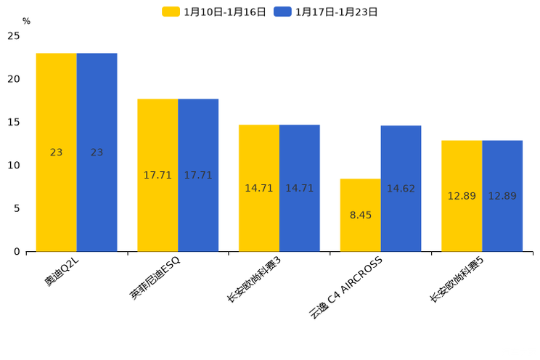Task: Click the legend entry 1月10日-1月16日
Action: (x=215, y=12)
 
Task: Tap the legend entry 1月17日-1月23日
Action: (x=326, y=12)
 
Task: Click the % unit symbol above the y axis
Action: (x=26, y=21)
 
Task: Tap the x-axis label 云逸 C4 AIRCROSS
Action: (x=346, y=287)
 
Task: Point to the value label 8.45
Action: (x=360, y=216)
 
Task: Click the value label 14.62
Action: (x=401, y=189)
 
